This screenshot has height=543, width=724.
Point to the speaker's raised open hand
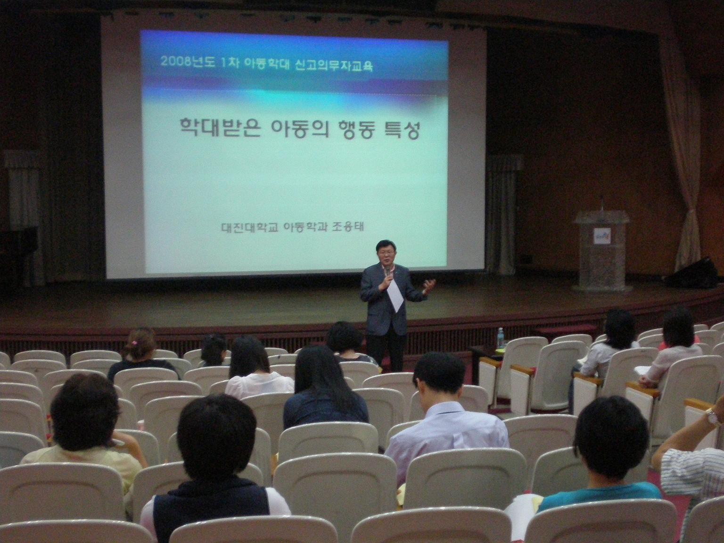429,286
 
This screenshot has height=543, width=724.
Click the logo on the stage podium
602,236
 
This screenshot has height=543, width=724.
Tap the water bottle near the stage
501,338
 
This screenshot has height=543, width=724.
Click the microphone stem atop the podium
601,204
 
